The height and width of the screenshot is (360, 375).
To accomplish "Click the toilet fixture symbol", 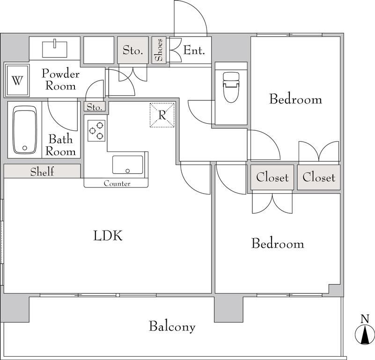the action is pos(231,87).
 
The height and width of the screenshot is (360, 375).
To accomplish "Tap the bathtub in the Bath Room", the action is pos(25,129).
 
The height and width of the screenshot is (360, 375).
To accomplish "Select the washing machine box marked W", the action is pos(17,80).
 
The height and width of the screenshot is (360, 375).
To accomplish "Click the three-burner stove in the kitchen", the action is pos(96,130).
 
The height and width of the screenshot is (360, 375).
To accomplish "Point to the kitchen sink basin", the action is pos(128,165).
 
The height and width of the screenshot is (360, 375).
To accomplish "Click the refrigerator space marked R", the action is pos(162,115).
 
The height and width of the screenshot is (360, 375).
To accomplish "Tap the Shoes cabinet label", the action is pos(158,50).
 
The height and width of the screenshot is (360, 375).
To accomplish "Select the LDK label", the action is pos(108,235).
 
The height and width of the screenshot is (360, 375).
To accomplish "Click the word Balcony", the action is pos(172,326).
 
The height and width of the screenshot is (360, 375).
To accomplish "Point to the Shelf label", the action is pos(42,172).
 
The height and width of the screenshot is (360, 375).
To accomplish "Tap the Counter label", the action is pos(117,183).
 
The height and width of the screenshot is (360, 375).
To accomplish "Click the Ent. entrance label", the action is pos(194,50).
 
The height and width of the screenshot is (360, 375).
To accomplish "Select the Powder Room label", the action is pos(60,80).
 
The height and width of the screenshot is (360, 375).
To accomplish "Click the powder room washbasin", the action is pos(55,49).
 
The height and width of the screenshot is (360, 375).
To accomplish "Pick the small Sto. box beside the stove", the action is pos(95,106).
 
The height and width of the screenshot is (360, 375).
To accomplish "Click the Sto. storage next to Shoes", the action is pos(133,50).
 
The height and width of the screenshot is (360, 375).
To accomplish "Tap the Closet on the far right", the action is pos(318,177).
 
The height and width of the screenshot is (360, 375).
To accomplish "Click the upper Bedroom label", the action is pos(295,99).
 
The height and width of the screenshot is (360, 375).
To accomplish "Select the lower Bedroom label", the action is pos(278,243).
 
